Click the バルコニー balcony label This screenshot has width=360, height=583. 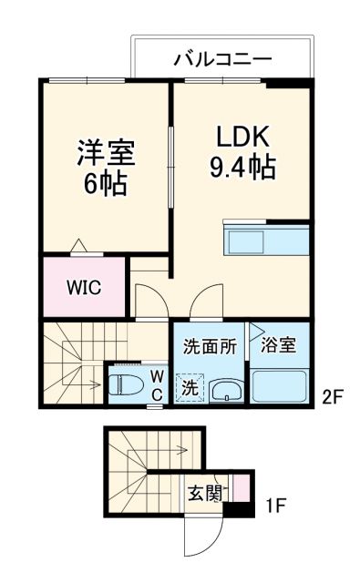[222, 60]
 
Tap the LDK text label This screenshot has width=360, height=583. [242, 136]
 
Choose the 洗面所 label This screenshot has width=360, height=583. [210, 346]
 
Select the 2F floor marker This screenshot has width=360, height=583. [332, 396]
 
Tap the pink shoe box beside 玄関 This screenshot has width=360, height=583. [240, 489]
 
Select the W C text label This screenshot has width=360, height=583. [156, 384]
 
